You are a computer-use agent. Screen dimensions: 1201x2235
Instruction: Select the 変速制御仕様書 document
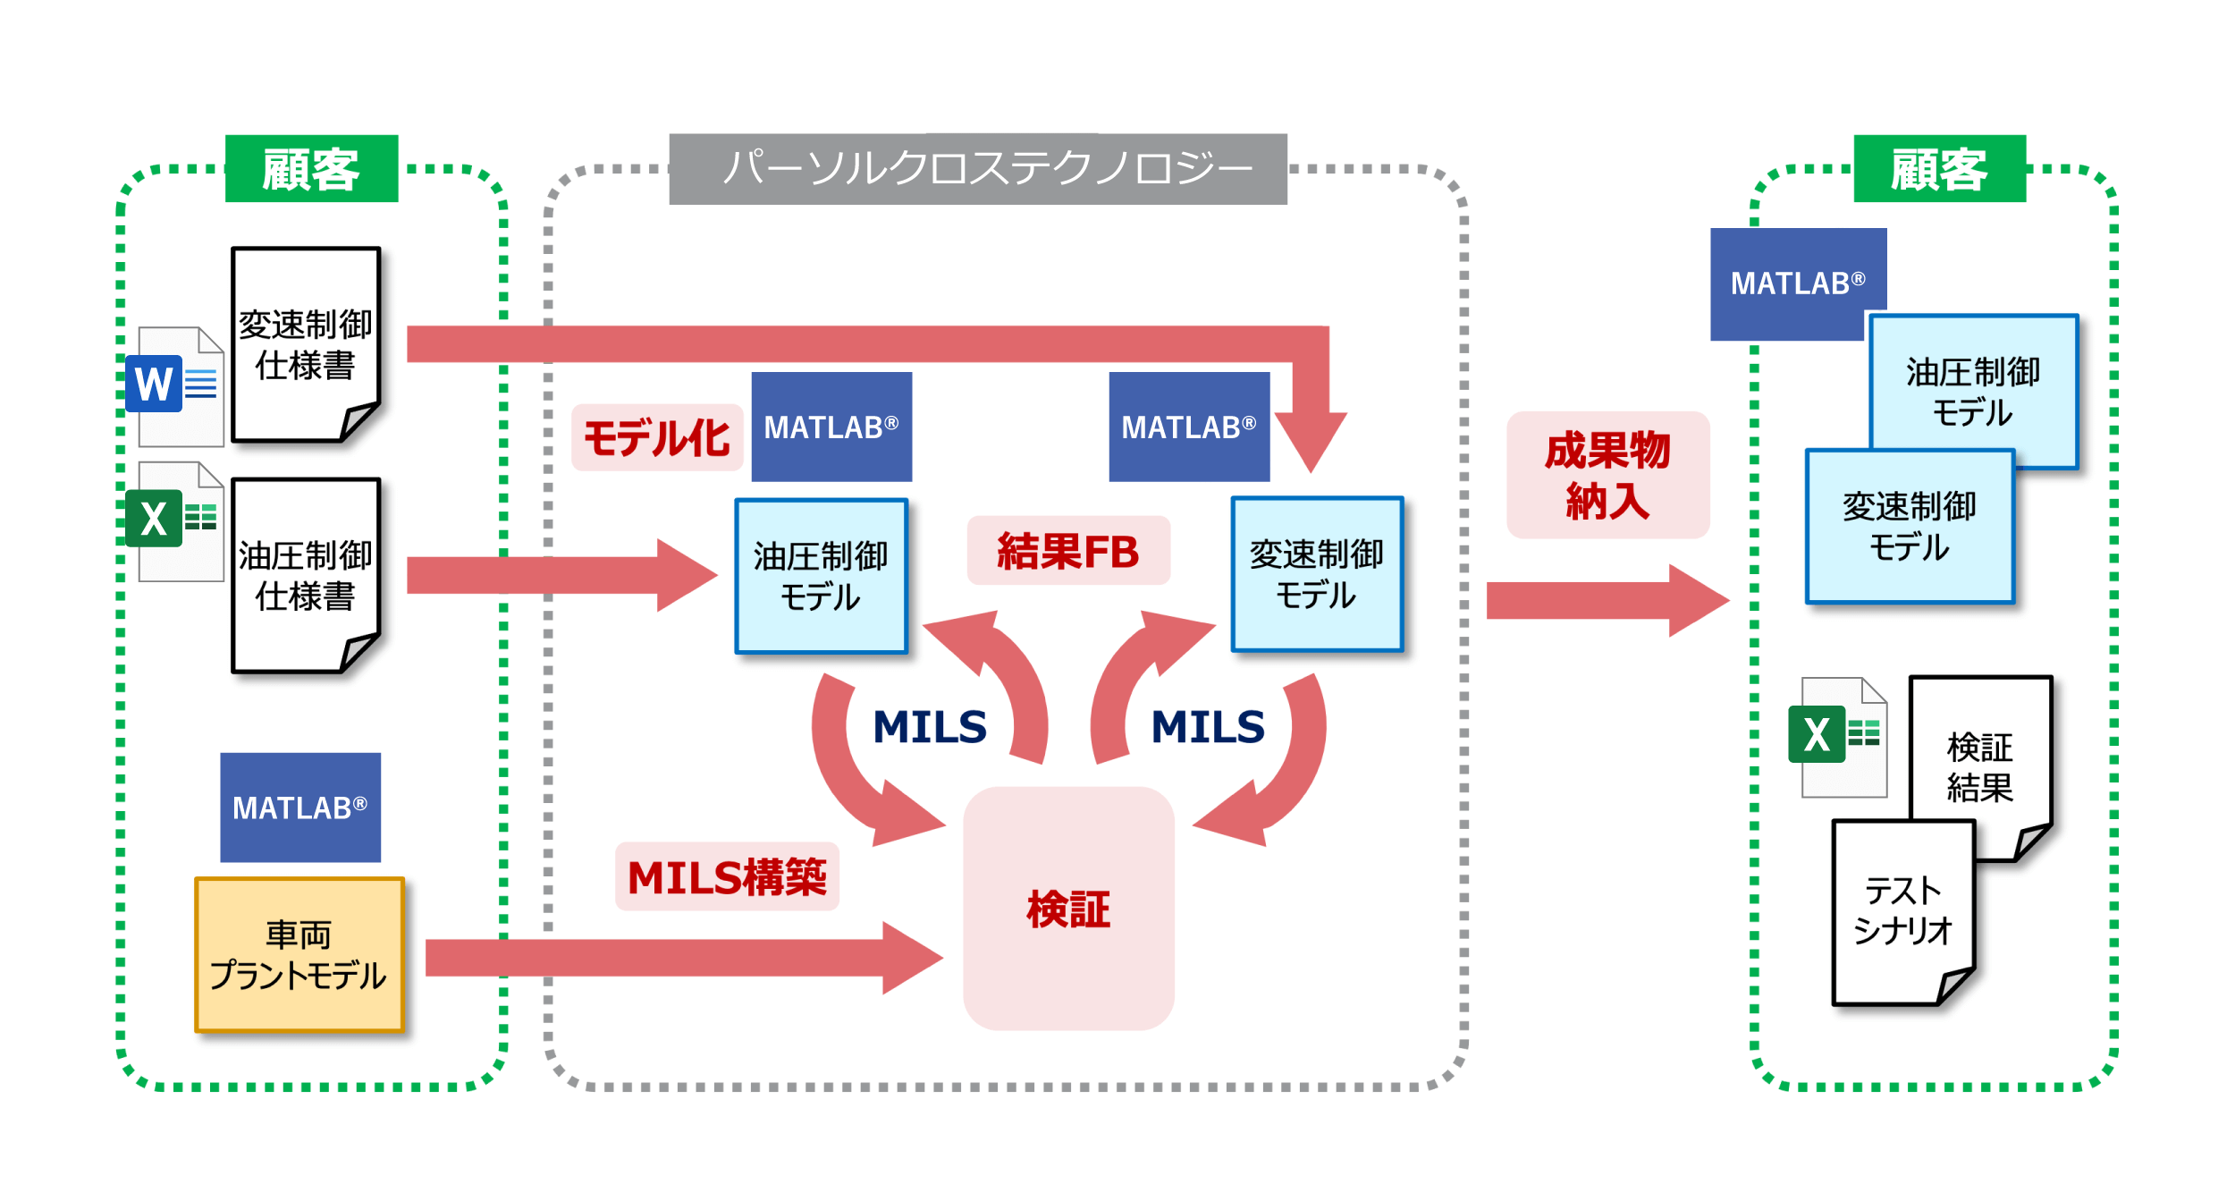(x=306, y=344)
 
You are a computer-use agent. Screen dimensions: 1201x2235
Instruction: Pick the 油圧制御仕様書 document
(x=306, y=575)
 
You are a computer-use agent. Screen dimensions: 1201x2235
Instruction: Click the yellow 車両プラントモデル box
(x=299, y=954)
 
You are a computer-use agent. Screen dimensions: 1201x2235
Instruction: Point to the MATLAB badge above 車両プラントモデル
(x=300, y=808)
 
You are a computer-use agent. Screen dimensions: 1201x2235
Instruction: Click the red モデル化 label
(x=657, y=438)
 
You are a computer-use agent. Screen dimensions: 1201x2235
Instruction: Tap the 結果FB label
(x=1068, y=551)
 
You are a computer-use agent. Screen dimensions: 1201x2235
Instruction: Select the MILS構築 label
(x=727, y=876)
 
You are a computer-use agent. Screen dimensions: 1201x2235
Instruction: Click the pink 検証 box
(x=1068, y=909)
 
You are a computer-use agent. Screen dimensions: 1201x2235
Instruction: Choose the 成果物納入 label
(x=1607, y=475)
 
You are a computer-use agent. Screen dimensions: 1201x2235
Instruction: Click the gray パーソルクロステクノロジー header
(x=978, y=169)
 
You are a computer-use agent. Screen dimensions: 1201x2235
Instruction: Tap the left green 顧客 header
(x=311, y=169)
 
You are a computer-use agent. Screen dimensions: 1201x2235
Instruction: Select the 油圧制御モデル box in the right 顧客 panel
(x=1973, y=390)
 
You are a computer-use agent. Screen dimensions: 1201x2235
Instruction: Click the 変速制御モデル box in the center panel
(x=1317, y=574)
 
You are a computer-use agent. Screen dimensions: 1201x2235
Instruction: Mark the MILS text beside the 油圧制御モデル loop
(x=930, y=726)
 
